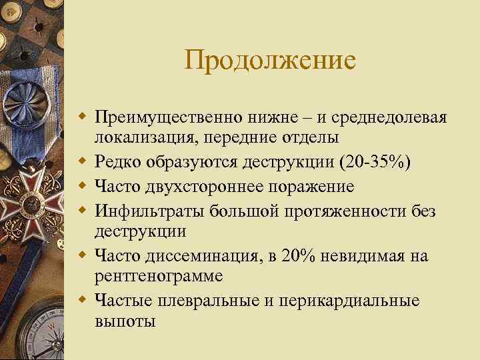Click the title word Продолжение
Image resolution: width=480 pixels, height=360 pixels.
point(271,62)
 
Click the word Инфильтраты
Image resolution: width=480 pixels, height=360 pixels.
point(151,211)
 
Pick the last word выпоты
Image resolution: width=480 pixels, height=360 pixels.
point(125,321)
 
